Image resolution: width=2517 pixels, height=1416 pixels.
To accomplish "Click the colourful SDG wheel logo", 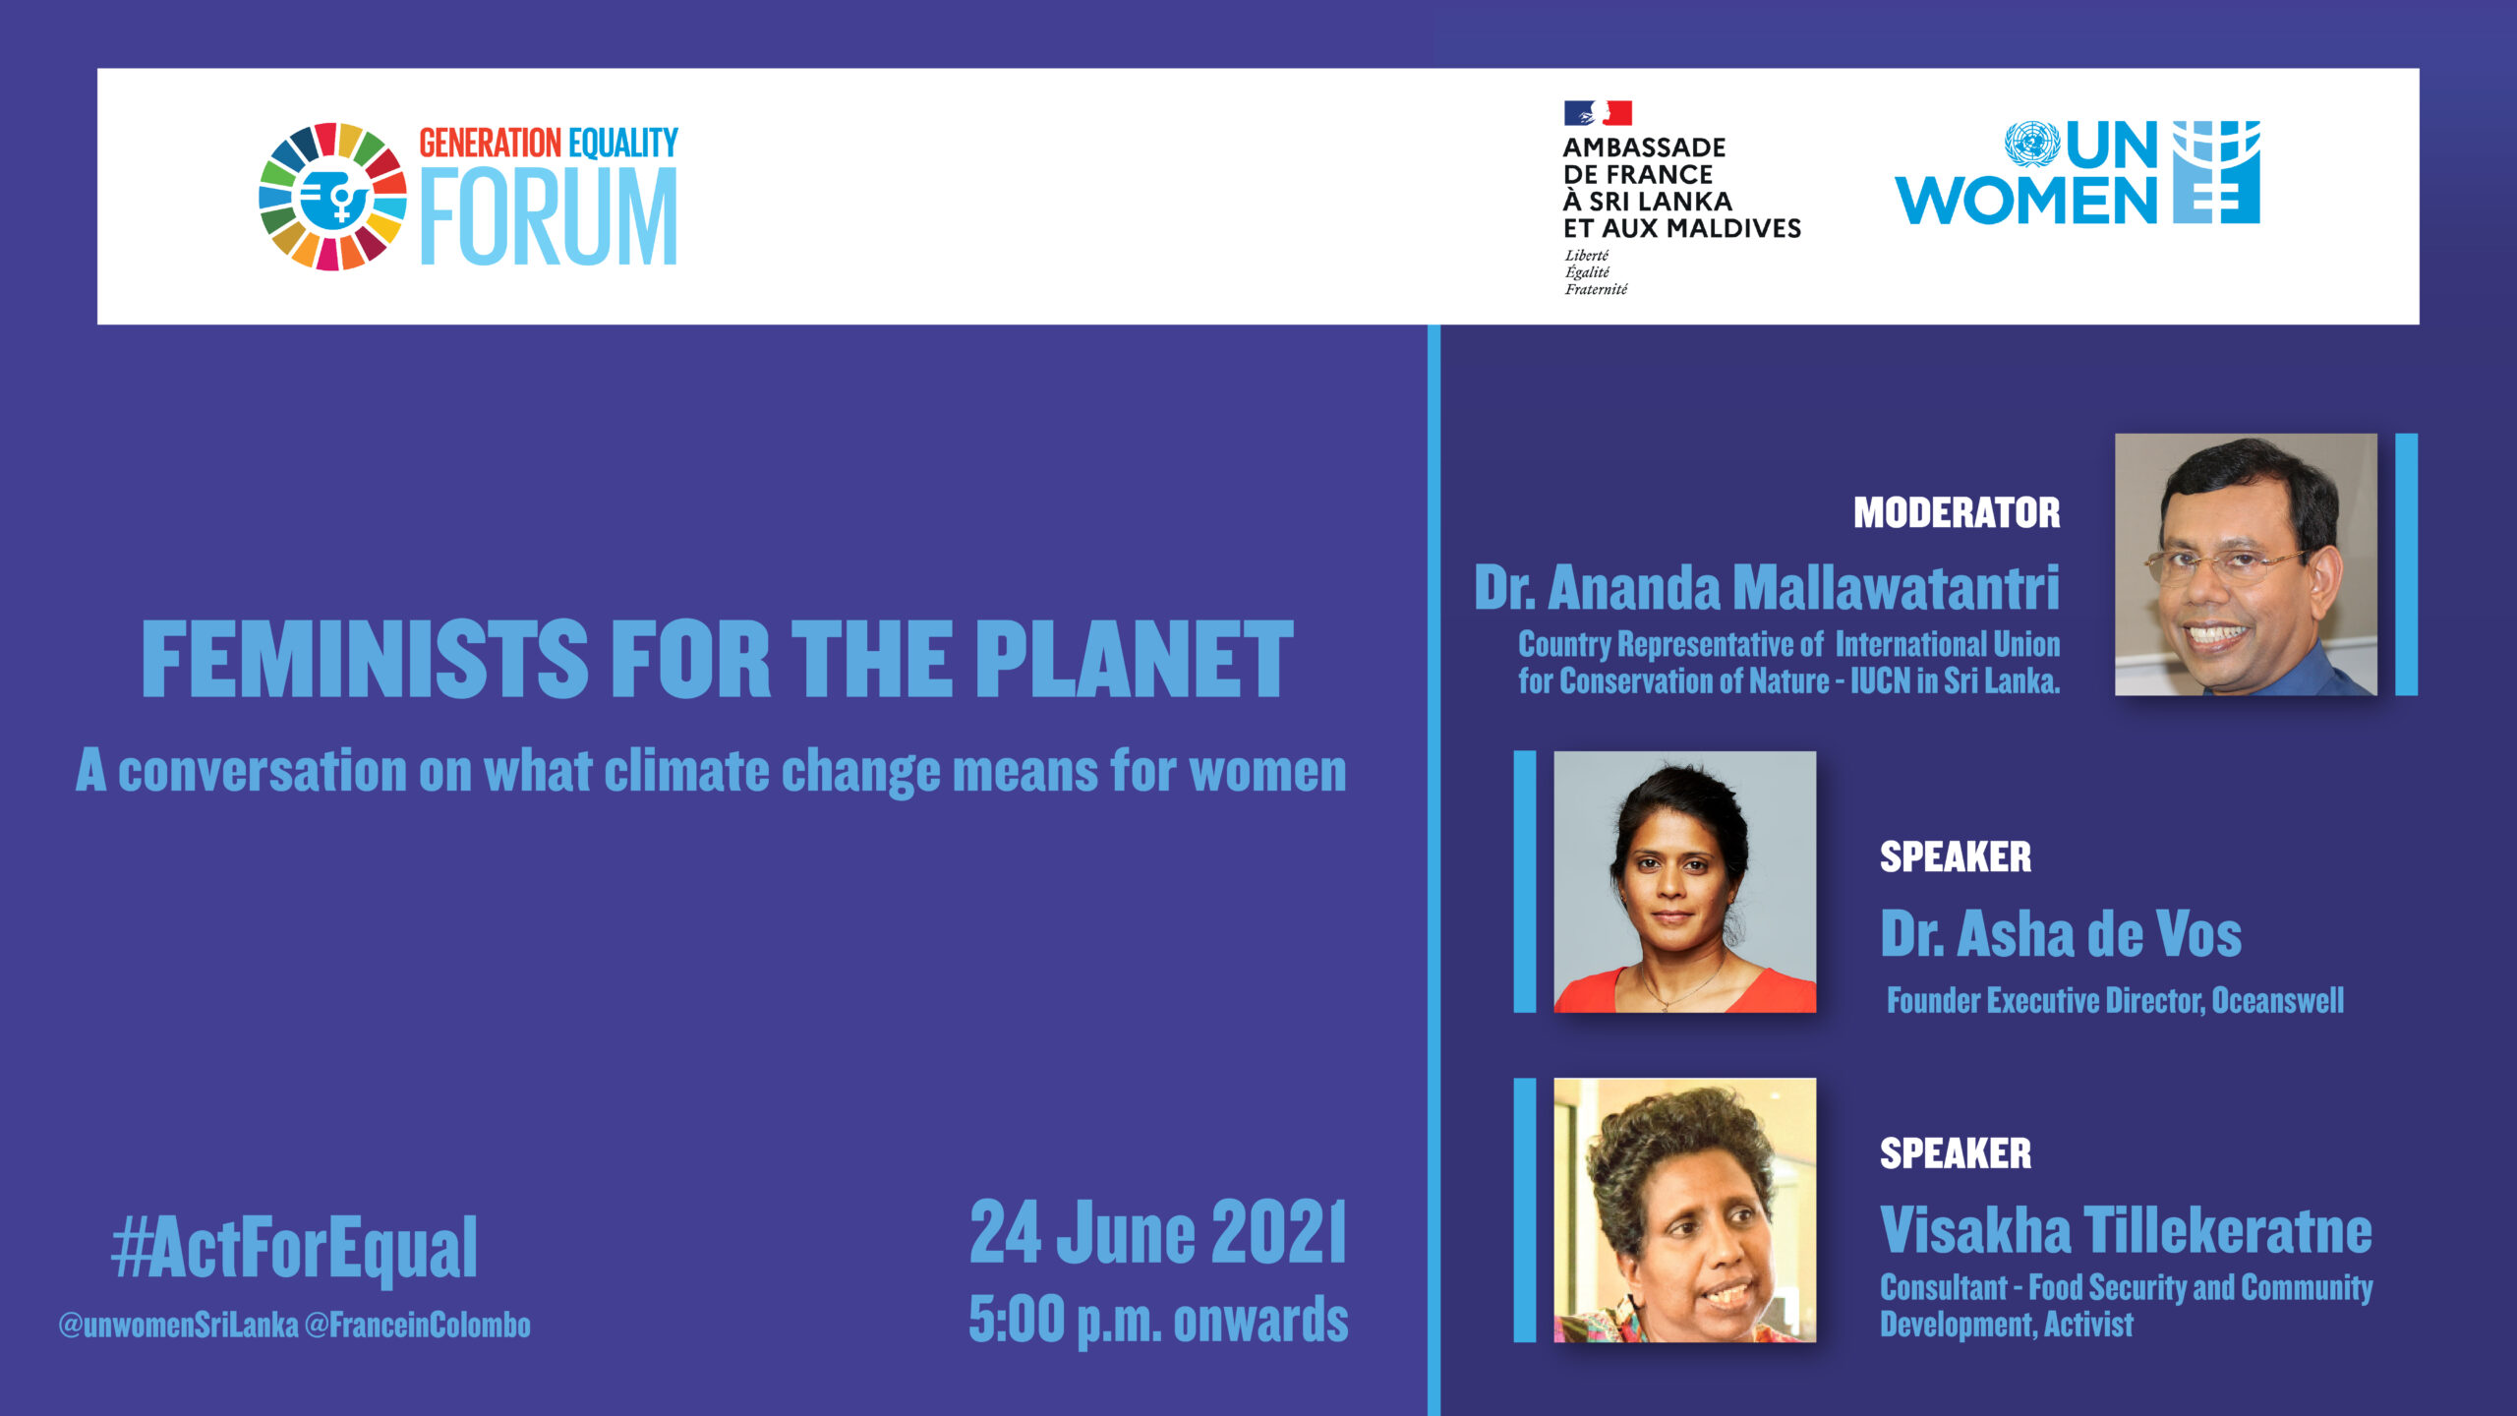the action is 332,197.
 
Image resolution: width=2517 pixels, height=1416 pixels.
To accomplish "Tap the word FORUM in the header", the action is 549,216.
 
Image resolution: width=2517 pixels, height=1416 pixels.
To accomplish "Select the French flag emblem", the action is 1598,113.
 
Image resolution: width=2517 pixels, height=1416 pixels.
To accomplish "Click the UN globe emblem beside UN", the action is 2032,145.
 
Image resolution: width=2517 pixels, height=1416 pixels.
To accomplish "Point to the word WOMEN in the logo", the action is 2025,201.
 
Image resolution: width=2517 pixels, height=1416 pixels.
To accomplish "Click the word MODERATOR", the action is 1957,512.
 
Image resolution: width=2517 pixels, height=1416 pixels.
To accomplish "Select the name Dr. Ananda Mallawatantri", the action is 1767,588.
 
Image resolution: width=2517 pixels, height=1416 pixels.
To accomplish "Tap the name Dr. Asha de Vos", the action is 2061,933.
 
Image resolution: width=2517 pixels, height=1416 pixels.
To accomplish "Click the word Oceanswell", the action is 2277,1001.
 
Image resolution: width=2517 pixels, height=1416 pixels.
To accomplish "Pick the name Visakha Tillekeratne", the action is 2126,1230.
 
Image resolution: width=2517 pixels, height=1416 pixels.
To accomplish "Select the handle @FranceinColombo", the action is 417,1326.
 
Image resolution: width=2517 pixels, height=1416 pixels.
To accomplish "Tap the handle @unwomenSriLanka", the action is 178,1326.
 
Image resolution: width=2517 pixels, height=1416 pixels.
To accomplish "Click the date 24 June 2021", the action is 1158,1232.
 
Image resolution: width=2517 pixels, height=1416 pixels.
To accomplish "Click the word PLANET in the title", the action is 1135,659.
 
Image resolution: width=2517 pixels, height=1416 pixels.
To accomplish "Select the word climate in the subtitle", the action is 686,771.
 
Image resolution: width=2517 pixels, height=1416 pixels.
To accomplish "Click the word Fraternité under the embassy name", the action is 1597,289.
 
